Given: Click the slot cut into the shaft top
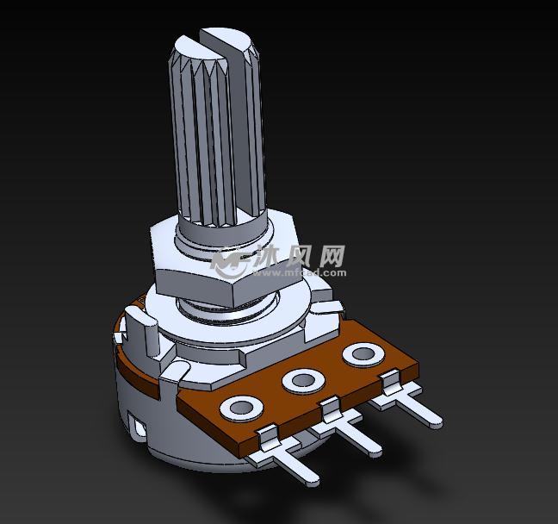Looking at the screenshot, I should [216, 37].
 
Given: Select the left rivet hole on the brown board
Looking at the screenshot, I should [240, 406].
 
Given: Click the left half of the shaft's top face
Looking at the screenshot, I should [192, 44].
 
